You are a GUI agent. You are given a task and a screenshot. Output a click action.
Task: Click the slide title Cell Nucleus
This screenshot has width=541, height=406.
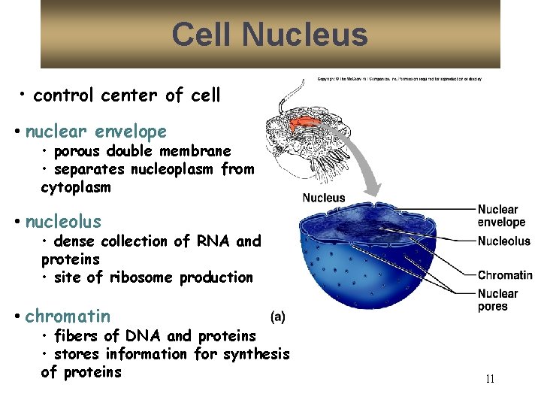(x=270, y=35)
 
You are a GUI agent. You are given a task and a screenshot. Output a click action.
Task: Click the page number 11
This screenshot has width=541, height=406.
(x=490, y=379)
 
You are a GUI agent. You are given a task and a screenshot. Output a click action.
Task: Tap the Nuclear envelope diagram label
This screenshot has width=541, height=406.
(x=501, y=216)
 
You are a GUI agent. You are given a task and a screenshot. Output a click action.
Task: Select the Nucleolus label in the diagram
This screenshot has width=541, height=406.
(x=504, y=241)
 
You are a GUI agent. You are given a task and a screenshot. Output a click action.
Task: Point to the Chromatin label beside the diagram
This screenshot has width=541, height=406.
(x=504, y=275)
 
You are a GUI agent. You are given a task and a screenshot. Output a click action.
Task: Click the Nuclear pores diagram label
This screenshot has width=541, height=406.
(x=497, y=300)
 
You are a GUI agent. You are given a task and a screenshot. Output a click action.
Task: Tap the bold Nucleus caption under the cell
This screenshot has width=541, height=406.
(x=324, y=198)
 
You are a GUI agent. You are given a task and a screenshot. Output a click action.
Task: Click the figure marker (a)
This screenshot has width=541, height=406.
(x=277, y=317)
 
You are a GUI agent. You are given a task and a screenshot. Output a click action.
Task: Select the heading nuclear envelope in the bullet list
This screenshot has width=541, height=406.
(x=96, y=132)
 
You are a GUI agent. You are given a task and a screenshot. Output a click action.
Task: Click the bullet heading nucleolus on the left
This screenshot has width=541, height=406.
(x=63, y=222)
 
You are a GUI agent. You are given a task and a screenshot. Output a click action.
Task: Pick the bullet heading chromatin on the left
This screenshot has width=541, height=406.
(x=68, y=317)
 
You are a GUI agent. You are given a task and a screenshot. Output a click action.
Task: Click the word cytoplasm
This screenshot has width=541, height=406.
(x=76, y=187)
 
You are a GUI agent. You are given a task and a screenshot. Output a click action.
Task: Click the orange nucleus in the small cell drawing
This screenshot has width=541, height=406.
(x=309, y=121)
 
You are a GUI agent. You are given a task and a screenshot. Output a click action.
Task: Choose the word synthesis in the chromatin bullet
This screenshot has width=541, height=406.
(x=257, y=354)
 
